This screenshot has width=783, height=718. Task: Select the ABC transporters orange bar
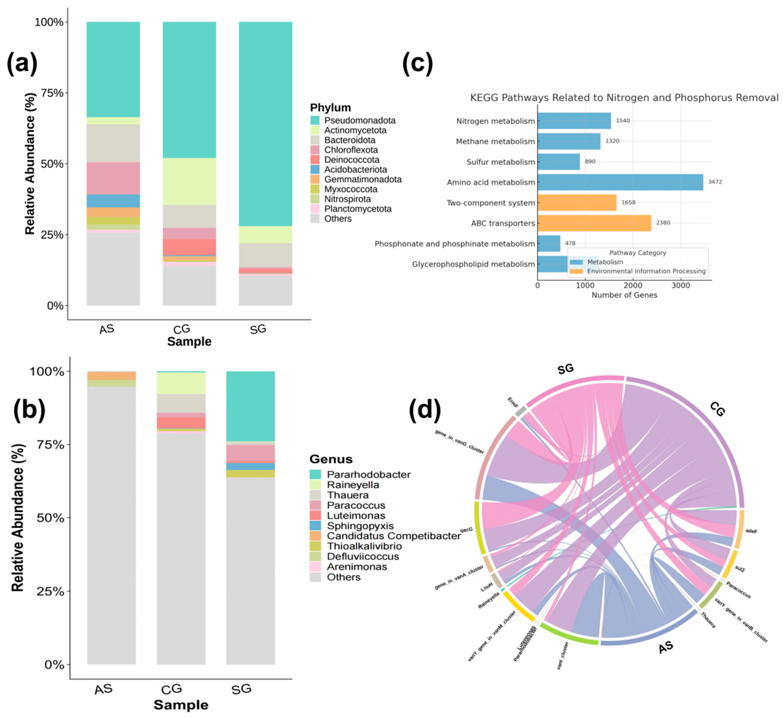[594, 223]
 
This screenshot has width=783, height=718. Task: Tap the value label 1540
[622, 120]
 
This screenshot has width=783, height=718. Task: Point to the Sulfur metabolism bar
[558, 162]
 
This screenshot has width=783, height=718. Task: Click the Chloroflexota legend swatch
[315, 150]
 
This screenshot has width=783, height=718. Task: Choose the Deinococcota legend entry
[351, 160]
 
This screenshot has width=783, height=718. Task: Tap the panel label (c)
[417, 63]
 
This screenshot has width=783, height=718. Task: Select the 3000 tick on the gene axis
[680, 285]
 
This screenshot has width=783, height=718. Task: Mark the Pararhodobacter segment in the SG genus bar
[250, 406]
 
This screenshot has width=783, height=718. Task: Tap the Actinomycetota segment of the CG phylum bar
[189, 181]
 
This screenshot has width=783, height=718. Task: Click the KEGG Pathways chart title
[624, 98]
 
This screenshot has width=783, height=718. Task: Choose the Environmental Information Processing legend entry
[646, 271]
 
